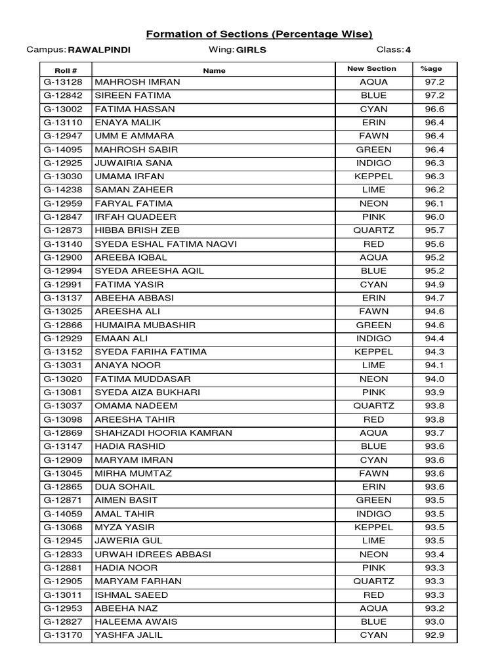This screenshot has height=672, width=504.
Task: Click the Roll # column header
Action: pos(66,70)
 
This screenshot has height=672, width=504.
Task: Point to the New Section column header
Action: pos(371,69)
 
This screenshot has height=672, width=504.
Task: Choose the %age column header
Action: pos(434,69)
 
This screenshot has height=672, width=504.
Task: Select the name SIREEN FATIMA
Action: pos(133,96)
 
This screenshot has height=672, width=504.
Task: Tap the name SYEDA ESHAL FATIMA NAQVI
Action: pos(165,244)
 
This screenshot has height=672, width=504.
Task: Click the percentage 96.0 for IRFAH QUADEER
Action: pos(434,217)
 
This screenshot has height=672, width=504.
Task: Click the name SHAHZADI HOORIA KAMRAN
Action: pos(163,433)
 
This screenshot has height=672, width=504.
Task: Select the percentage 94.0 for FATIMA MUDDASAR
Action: pos(434,379)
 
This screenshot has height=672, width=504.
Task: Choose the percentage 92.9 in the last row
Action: pos(434,635)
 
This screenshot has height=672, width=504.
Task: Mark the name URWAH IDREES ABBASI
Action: pos(153,555)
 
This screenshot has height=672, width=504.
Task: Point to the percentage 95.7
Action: pos(434,230)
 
